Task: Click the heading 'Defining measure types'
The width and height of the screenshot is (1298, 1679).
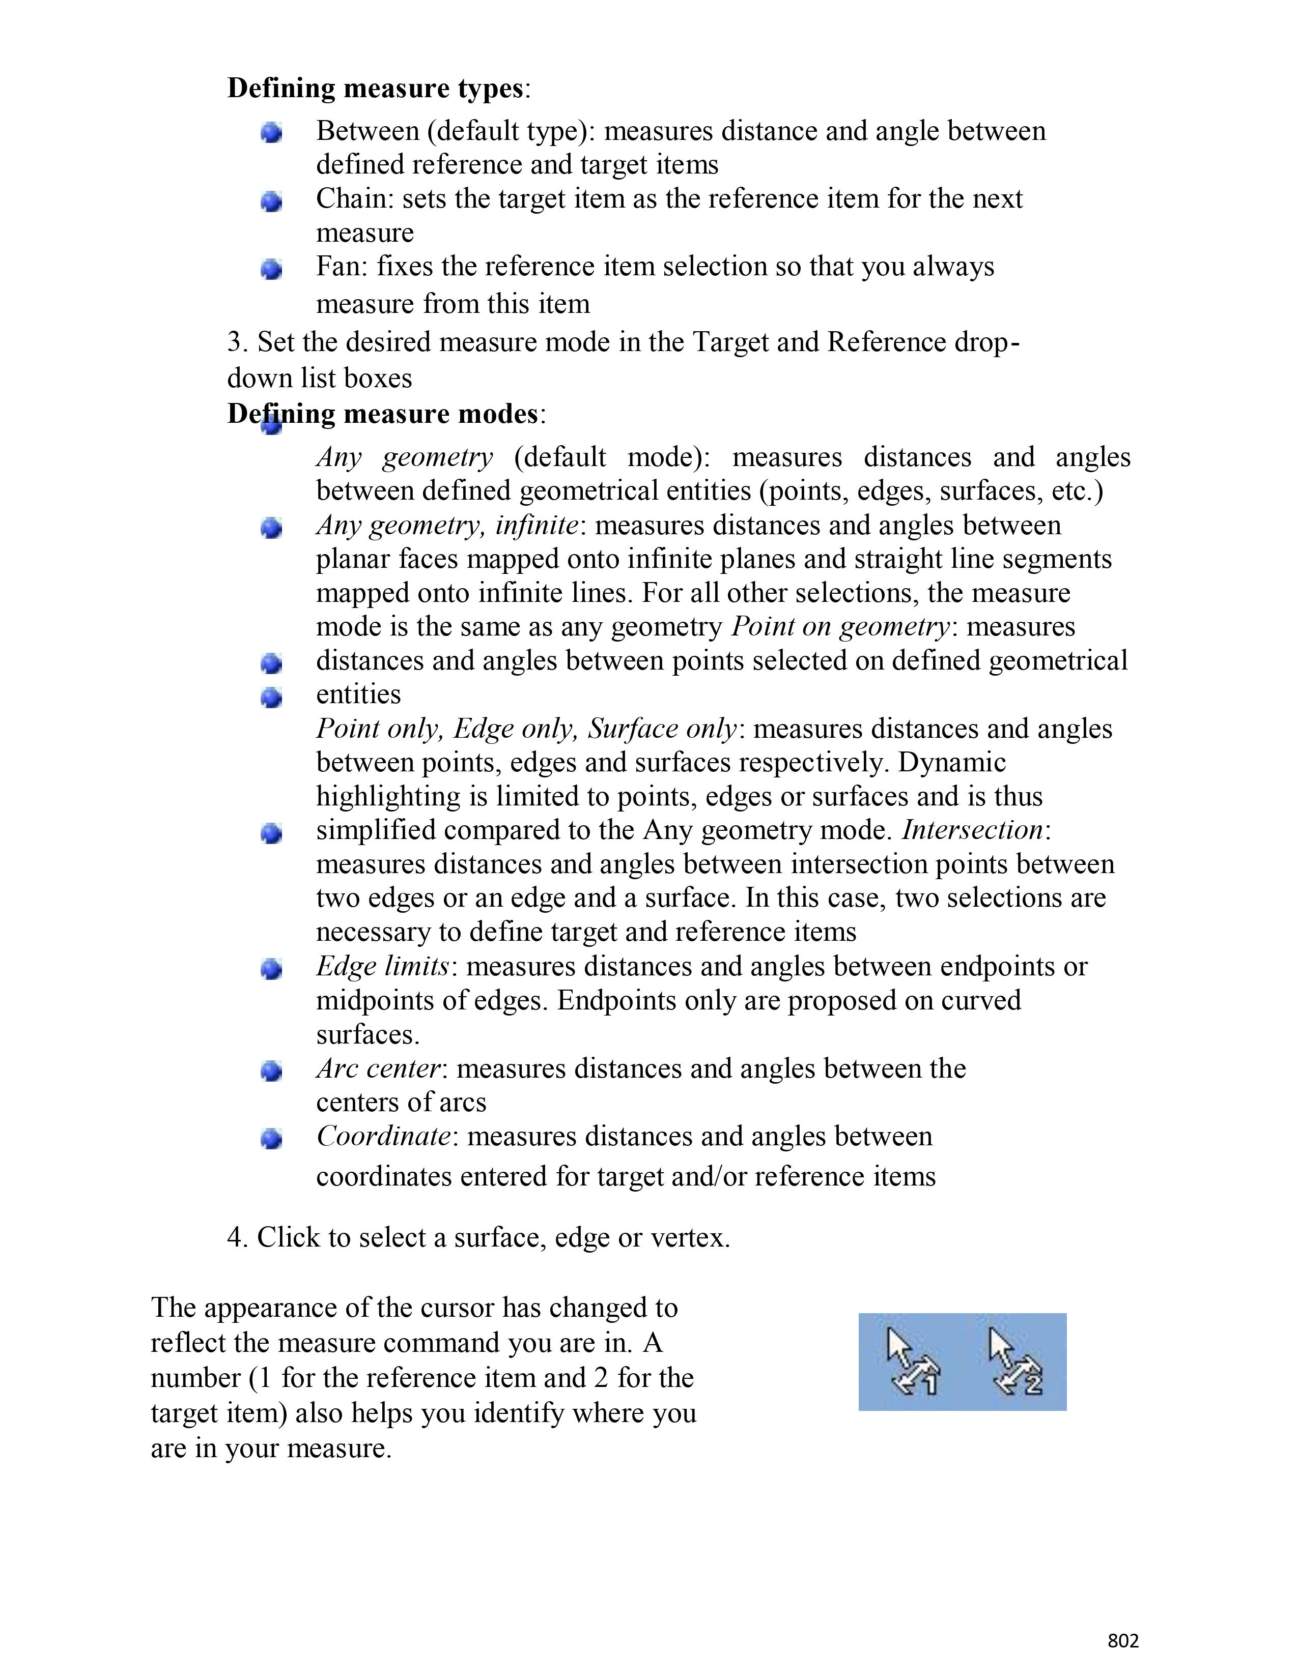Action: [x=375, y=89]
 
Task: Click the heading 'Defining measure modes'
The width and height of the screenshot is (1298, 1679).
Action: [x=382, y=414]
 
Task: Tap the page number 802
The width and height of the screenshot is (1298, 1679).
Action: [x=1123, y=1640]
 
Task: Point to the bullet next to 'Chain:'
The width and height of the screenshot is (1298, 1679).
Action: [x=271, y=201]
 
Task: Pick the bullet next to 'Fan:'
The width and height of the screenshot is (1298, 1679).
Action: [x=271, y=269]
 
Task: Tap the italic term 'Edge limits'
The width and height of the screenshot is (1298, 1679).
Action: [x=382, y=966]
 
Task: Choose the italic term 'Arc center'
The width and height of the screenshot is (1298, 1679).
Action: [x=378, y=1068]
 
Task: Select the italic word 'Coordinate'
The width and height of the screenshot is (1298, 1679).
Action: [x=383, y=1136]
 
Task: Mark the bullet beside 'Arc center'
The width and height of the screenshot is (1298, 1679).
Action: [x=271, y=1071]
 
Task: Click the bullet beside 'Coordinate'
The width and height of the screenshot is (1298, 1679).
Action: [x=271, y=1139]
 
